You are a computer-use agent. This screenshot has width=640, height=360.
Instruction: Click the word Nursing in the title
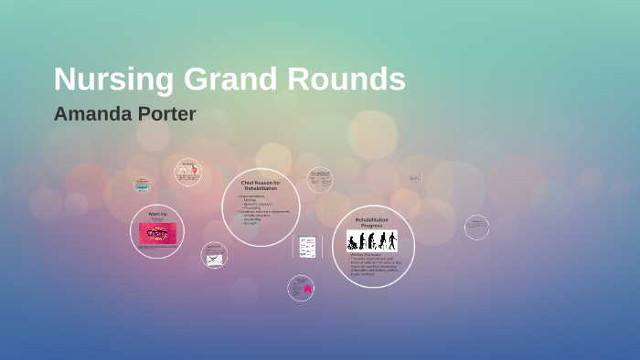pos(101,79)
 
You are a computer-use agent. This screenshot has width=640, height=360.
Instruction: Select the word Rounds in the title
pos(347,79)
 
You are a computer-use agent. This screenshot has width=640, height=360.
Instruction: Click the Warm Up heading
pos(157,213)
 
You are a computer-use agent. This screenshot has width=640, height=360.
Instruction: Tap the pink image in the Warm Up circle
pos(157,233)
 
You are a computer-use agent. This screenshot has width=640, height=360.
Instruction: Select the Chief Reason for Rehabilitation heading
pos(261,185)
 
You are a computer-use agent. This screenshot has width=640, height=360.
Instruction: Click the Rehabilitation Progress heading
pos(372,222)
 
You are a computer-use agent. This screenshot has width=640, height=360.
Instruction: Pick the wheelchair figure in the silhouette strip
pos(352,243)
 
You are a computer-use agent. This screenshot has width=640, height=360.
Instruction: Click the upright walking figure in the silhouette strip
pos(391,240)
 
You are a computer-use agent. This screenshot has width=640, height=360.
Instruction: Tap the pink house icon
pos(307,290)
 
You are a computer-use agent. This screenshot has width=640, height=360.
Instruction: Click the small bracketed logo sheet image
pos(307,247)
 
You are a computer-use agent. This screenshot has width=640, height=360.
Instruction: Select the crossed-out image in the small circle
pos(214,258)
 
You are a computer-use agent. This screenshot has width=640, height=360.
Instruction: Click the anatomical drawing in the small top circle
pos(188,171)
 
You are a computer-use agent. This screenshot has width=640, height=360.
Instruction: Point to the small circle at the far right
pos(476,227)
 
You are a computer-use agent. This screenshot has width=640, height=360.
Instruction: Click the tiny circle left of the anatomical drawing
pos(141,185)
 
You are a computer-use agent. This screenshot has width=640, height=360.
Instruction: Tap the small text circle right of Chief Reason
pos(319,178)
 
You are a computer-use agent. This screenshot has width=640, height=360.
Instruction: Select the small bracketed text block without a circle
pos(415,179)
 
